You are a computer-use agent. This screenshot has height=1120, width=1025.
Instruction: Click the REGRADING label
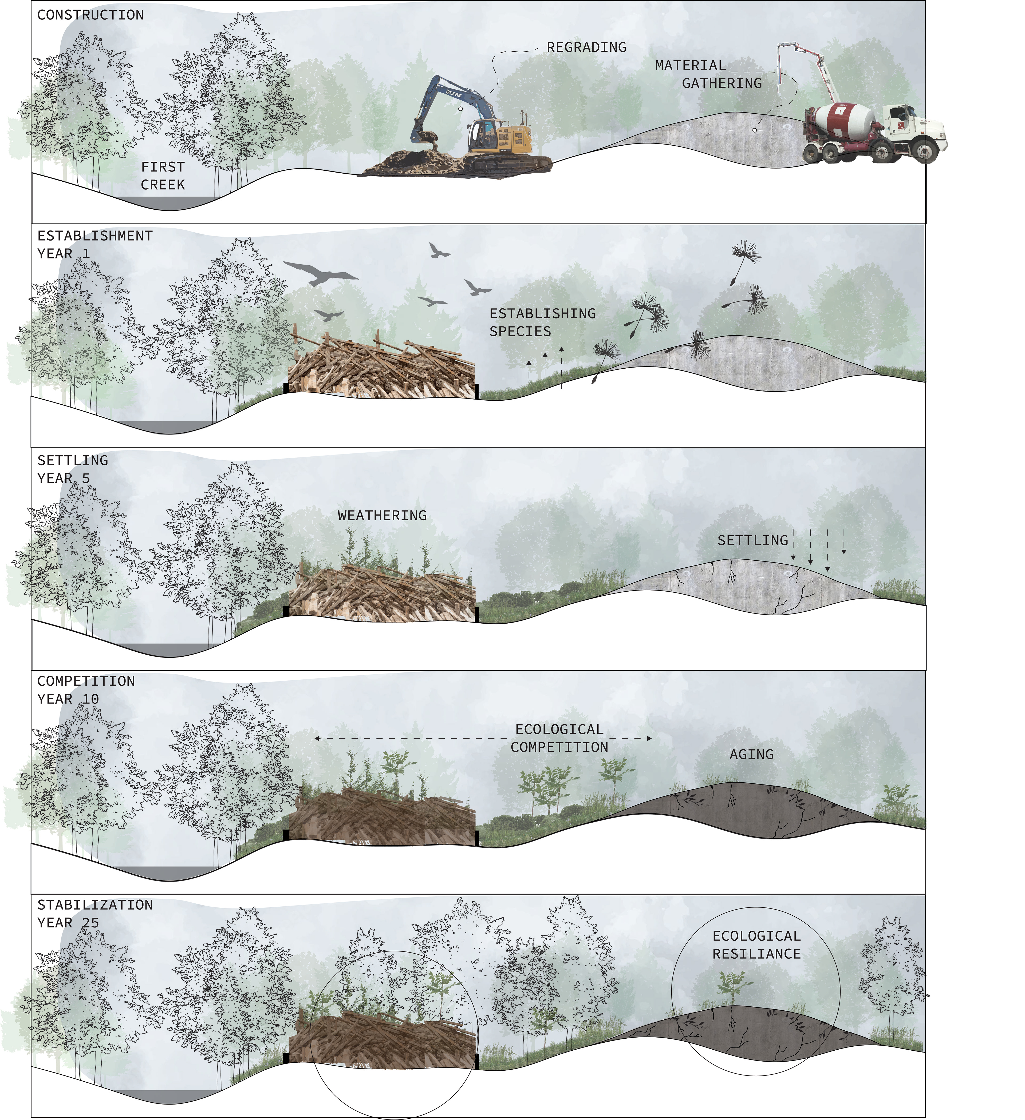[x=586, y=47]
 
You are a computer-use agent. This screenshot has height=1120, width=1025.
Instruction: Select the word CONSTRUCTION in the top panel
[x=90, y=15]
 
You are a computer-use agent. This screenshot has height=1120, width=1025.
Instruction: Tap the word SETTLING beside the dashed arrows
[x=753, y=540]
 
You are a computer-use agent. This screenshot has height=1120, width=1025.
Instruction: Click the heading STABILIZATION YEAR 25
[x=94, y=914]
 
